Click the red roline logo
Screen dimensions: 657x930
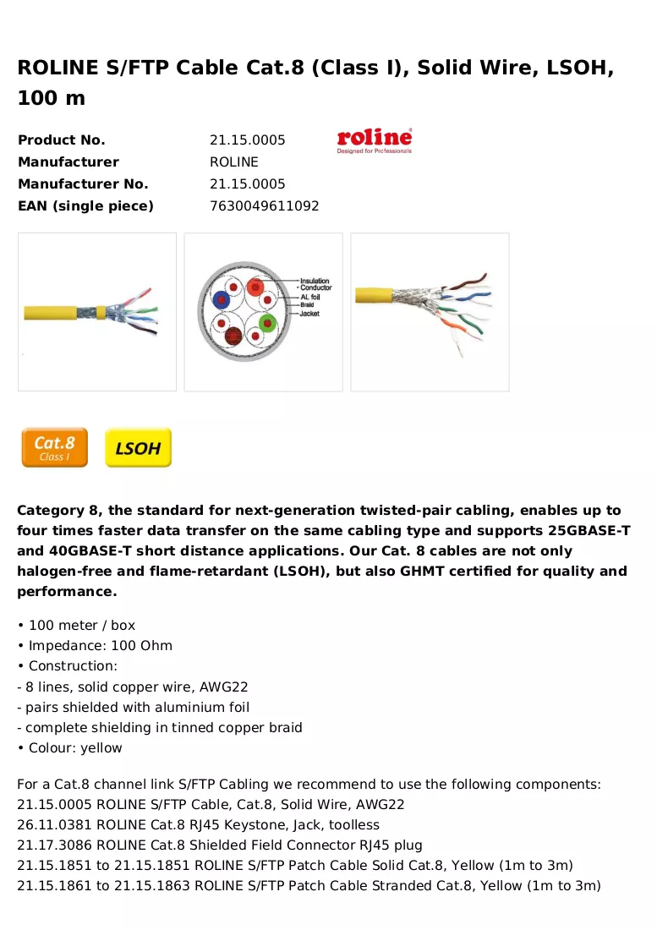(374, 140)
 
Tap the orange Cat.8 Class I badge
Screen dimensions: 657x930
(55, 447)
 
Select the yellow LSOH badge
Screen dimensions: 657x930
(138, 447)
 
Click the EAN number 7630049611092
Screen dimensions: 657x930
(265, 205)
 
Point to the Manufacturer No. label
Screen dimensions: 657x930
(83, 183)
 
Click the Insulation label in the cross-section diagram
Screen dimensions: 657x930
(315, 281)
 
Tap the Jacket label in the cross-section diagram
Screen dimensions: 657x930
(309, 313)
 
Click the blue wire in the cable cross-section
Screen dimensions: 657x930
(222, 300)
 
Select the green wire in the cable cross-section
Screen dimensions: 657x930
(268, 323)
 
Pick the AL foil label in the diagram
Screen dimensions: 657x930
(310, 297)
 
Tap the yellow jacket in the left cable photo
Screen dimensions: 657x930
(51, 313)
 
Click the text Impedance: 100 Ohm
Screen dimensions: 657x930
(101, 645)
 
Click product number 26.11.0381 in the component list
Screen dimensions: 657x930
(55, 825)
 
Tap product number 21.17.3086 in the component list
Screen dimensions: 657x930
(55, 845)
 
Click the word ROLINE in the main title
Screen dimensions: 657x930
(58, 68)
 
